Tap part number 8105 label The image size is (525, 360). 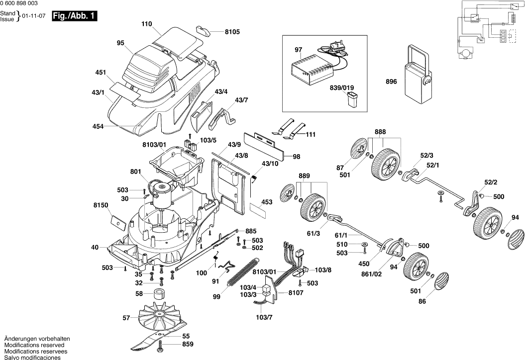click(x=232, y=32)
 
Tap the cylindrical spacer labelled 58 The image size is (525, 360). click(x=159, y=294)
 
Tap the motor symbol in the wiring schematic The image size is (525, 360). click(x=466, y=53)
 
